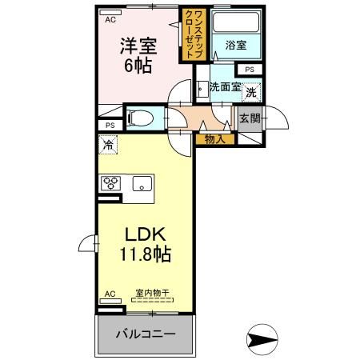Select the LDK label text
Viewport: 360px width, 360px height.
click(144, 234)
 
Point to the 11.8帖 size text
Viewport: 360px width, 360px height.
click(144, 256)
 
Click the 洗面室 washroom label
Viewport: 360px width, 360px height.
click(225, 88)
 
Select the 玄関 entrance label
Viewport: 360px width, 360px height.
click(249, 119)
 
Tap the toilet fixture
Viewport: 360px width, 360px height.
click(143, 117)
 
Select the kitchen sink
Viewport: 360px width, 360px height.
click(142, 183)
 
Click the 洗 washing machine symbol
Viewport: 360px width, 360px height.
click(250, 93)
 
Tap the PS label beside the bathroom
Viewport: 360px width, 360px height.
click(250, 70)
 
